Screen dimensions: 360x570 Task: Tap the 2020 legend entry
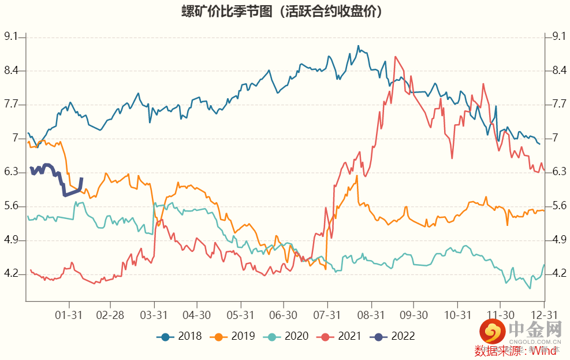pos(288,336)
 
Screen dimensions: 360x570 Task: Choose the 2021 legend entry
pos(341,336)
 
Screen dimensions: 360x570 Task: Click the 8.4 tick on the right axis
pos(558,70)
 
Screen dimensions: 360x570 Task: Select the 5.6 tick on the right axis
pos(558,206)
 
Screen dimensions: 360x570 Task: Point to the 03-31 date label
pos(154,315)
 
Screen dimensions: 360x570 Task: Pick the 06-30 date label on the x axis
pos(284,315)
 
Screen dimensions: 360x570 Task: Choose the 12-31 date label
pos(544,315)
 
